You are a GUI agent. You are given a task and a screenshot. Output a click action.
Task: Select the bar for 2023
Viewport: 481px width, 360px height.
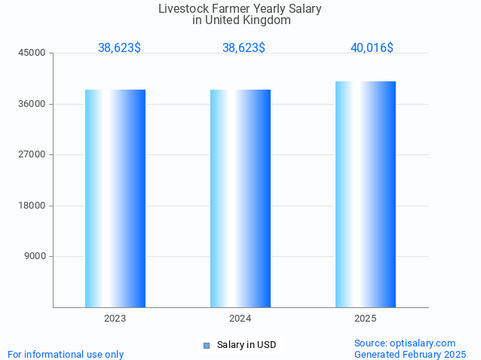pos(115,198)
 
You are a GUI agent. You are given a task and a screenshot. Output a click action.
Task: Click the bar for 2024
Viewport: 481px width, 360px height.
pos(240,198)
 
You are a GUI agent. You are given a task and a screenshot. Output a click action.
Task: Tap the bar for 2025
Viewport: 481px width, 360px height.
pos(366,194)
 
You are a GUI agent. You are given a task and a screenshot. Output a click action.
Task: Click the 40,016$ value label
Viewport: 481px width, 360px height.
pos(372,48)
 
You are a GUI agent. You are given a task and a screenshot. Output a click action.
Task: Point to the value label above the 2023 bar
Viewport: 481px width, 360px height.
pos(119,48)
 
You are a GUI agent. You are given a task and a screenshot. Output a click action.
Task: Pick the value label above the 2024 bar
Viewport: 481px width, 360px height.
pos(244,48)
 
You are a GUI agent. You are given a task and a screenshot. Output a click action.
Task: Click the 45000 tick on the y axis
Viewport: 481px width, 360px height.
pos(33,53)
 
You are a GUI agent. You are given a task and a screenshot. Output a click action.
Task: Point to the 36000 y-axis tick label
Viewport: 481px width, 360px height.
pos(33,104)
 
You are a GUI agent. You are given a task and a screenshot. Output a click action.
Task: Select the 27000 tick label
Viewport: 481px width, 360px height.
pos(33,154)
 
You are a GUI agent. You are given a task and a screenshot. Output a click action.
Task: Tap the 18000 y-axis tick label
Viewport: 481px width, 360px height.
pos(33,206)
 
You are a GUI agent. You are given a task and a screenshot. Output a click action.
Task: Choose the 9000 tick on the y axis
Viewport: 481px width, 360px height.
pos(35,256)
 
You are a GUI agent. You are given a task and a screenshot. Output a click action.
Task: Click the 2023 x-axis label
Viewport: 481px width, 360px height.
pos(115,319)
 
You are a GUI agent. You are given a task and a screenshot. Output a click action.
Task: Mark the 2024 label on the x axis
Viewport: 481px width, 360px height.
pos(240,319)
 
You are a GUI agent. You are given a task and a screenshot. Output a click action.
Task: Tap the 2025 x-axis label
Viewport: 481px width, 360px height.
pos(366,319)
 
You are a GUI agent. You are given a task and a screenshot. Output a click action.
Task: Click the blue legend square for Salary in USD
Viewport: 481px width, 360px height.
pos(206,346)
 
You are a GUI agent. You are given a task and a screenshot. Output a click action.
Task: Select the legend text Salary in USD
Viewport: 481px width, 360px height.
pos(247,345)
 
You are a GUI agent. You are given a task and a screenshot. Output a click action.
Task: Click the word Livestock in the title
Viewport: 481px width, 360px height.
pos(182,9)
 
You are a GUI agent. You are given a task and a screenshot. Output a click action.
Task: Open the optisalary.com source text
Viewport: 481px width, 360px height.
pos(405,343)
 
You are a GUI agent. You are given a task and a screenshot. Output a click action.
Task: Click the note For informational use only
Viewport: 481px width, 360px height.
pos(66,354)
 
